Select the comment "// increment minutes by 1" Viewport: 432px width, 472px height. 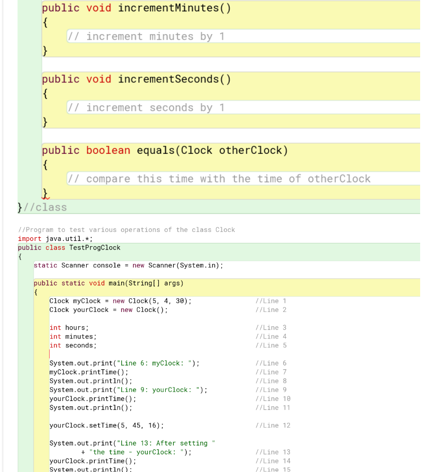tap(146, 36)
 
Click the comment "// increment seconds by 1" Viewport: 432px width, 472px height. tap(146, 108)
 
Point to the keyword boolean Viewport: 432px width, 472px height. tap(108, 151)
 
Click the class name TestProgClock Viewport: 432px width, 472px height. tap(95, 248)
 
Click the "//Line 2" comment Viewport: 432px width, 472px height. tap(270, 310)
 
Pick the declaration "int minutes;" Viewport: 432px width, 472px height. tap(73, 337)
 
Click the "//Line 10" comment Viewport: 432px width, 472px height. tap(272, 399)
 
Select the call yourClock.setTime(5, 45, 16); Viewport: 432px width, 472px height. tap(107, 426)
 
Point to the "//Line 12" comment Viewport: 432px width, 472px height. tap(272, 426)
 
